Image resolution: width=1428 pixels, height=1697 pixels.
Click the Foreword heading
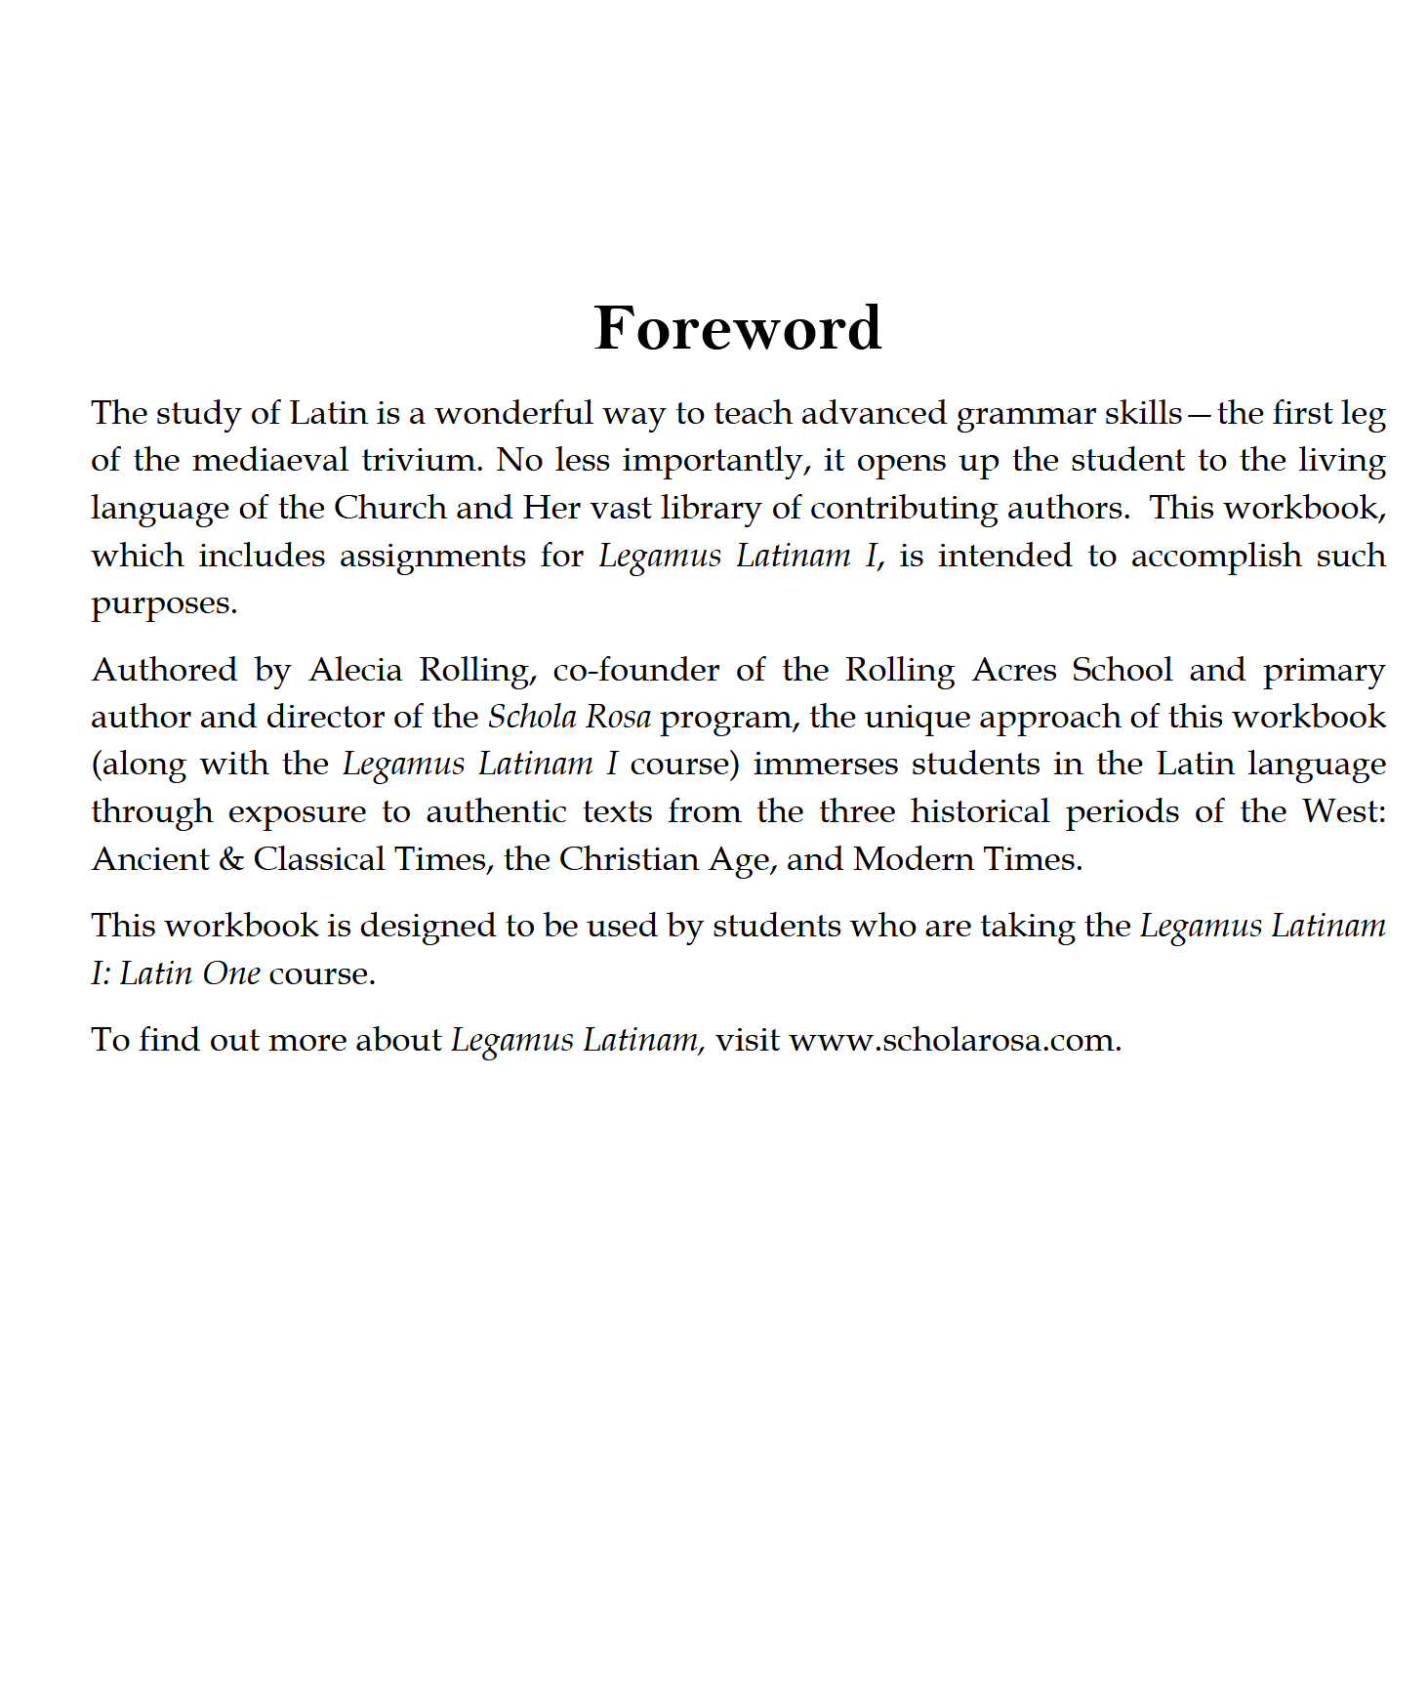click(x=737, y=328)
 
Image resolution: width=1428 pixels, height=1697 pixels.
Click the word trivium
click(x=423, y=460)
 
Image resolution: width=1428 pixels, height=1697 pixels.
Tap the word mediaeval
click(x=270, y=460)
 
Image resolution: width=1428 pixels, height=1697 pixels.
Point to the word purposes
click(x=164, y=603)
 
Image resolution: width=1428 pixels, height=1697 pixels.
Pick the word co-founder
click(x=634, y=670)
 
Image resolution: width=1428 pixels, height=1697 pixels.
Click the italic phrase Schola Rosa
click(x=569, y=717)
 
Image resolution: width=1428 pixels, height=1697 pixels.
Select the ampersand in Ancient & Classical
click(x=231, y=859)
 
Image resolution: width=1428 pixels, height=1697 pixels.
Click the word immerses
click(x=826, y=764)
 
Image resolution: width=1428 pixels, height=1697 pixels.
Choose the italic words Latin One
click(x=190, y=973)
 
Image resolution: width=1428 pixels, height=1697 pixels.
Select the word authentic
click(x=496, y=811)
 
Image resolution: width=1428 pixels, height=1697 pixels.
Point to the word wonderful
click(x=513, y=413)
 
